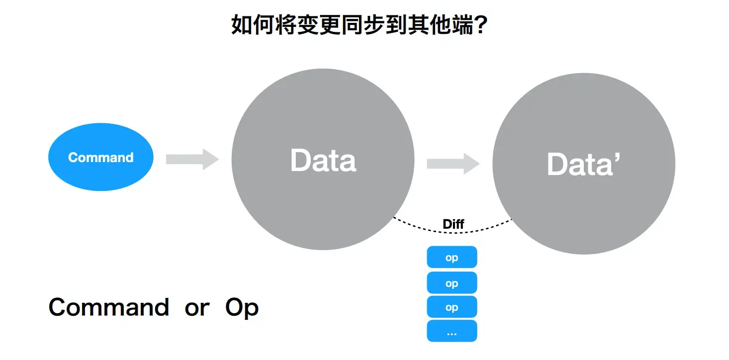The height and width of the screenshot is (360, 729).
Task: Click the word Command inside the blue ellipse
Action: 101,158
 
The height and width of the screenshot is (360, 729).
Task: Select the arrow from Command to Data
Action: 192,159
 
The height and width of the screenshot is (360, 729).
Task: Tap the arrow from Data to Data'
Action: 453,164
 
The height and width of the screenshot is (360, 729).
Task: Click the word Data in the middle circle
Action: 323,161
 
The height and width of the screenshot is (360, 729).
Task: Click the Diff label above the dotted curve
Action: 453,224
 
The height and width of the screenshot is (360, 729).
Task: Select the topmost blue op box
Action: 452,258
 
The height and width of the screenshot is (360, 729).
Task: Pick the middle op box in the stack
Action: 452,283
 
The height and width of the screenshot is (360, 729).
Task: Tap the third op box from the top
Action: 452,307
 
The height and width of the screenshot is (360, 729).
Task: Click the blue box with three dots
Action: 452,331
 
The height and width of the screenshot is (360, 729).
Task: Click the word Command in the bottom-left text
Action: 108,307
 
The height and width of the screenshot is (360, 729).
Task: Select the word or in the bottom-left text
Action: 197,308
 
